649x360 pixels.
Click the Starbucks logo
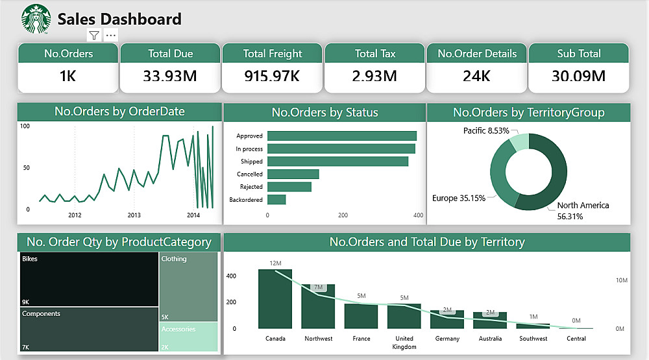[x=37, y=19]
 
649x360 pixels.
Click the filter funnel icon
[x=94, y=36]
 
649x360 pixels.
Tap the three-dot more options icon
[x=111, y=36]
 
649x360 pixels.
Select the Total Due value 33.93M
[x=170, y=76]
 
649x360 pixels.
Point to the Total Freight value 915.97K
[x=272, y=76]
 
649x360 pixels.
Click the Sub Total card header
[x=579, y=54]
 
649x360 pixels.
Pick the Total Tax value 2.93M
[x=374, y=76]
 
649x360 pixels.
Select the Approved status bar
[x=341, y=136]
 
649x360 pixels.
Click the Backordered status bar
[x=276, y=200]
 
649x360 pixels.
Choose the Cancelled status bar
[x=293, y=174]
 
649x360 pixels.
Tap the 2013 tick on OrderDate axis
[x=134, y=215]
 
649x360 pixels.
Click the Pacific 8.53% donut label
[x=485, y=131]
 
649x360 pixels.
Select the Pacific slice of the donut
[x=519, y=143]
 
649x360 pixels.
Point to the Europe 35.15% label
[x=459, y=198]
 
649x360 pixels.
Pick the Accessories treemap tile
[x=188, y=337]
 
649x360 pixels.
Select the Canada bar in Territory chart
[x=275, y=299]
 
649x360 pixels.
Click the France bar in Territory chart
[x=361, y=316]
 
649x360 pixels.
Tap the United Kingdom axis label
[x=404, y=342]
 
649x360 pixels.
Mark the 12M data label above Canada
[x=275, y=263]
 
